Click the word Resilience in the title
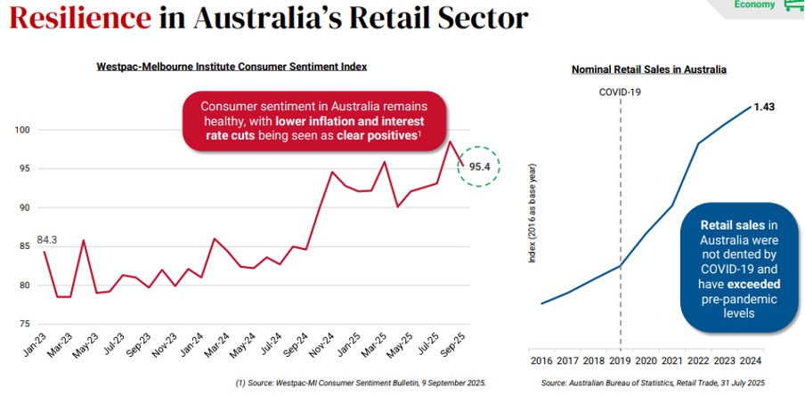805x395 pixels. (x=79, y=17)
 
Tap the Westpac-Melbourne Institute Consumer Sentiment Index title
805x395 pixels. (x=232, y=67)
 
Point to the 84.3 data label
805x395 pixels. (x=46, y=238)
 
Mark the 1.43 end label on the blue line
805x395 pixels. (x=764, y=107)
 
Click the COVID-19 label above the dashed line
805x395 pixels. (x=620, y=91)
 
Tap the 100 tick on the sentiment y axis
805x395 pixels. (x=23, y=131)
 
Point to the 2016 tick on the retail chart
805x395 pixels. (x=541, y=360)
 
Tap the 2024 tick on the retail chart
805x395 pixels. (x=751, y=360)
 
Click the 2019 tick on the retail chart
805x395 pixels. (x=620, y=360)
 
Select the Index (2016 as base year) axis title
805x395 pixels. (x=532, y=213)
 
